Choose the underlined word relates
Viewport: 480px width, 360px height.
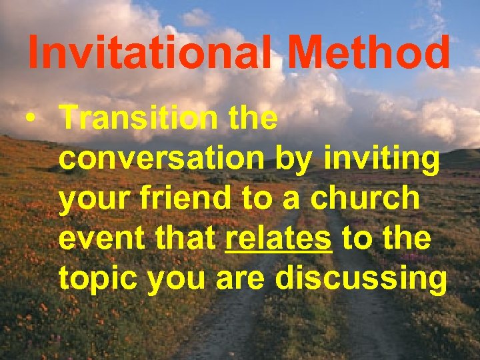[279, 239]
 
